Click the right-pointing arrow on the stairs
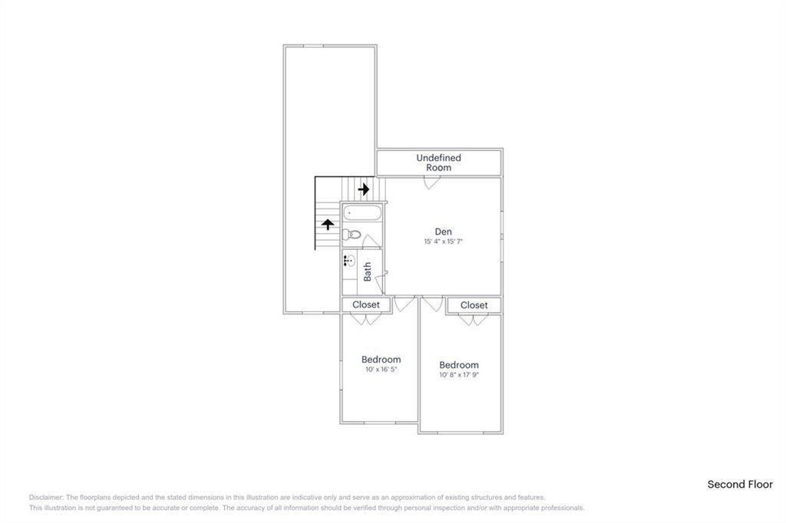point(364,188)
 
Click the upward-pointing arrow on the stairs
point(328,225)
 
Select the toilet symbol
point(352,235)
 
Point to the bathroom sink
point(349,261)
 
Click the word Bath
point(368,271)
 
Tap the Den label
point(443,232)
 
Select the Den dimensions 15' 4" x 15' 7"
point(443,242)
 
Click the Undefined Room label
point(439,163)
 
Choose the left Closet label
point(366,304)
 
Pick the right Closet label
point(474,305)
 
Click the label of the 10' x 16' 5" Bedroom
point(381,360)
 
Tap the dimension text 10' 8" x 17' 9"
point(458,375)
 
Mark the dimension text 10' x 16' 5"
point(381,370)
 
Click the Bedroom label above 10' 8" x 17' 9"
point(458,365)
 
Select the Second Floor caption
point(740,485)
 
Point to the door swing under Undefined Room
point(432,183)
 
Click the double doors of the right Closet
point(474,319)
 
